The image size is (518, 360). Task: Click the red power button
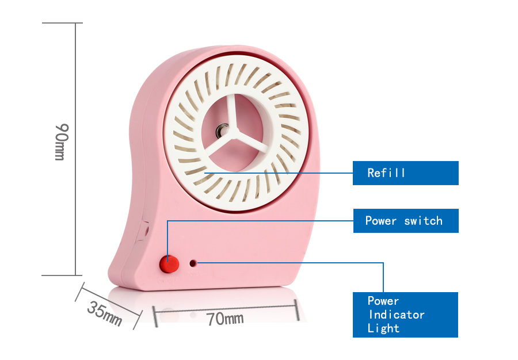[169, 264]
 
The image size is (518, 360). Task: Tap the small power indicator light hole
[193, 263]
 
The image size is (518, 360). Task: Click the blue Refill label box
[405, 173]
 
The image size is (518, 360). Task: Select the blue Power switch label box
[406, 221]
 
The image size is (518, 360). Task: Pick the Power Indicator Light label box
[405, 315]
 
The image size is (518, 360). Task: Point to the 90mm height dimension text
[62, 142]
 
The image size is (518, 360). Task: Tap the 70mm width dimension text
[225, 319]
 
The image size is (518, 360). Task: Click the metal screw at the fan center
[222, 131]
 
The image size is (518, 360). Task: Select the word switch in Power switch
[423, 221]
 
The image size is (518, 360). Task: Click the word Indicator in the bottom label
[397, 315]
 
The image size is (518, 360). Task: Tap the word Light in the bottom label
[383, 328]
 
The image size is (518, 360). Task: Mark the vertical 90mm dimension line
[75, 149]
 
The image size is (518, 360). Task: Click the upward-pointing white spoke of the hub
[233, 112]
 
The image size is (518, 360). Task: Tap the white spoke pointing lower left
[218, 144]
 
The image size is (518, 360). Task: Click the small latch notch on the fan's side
[144, 230]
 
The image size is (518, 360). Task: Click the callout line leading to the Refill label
[279, 173]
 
